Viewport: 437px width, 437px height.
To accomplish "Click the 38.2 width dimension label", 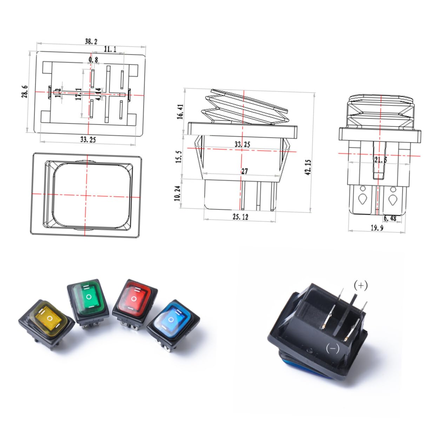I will (91, 41).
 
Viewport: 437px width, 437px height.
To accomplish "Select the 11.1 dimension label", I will (110, 49).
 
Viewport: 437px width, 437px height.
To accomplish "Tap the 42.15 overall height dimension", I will (308, 167).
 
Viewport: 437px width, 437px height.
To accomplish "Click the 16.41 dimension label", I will (180, 112).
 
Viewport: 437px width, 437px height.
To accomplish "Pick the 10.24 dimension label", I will (177, 193).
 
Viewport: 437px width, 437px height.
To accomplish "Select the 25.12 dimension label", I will (240, 217).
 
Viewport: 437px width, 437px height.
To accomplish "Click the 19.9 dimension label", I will (377, 228).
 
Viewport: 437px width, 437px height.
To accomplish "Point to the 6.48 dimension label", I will (390, 218).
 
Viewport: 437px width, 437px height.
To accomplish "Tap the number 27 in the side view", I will (244, 171).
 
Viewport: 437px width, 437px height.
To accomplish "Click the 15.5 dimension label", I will (179, 157).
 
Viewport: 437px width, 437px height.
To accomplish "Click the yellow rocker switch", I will (47, 319).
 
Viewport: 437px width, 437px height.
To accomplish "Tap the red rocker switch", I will (134, 300).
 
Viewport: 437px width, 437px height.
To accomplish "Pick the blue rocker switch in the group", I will (173, 321).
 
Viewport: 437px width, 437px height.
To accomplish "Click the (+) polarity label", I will (360, 285).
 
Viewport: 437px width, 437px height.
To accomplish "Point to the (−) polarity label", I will (332, 349).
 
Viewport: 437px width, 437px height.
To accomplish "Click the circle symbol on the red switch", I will (134, 299).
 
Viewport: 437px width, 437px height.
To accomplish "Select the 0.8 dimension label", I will (93, 60).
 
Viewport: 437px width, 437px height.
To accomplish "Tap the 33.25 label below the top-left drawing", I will (88, 139).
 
